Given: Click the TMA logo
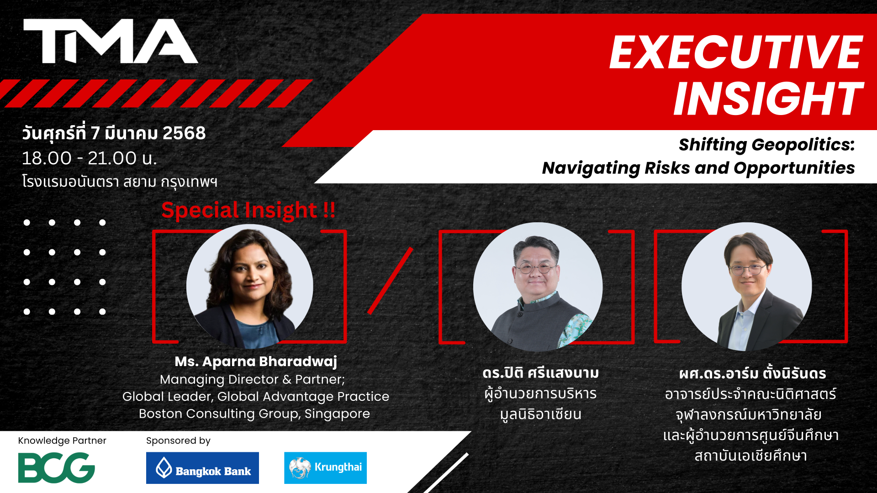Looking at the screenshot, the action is point(111,41).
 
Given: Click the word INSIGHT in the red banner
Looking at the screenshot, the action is point(768,99).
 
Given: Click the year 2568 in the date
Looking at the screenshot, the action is point(184,133).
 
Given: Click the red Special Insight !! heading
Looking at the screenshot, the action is point(248,210).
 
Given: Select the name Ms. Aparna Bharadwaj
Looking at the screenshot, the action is point(256,362).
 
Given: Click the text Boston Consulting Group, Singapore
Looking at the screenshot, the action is point(254,414).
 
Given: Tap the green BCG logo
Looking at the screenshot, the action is point(57,467).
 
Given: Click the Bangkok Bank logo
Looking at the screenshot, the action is point(202,468).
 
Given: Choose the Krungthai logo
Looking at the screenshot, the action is point(325,468).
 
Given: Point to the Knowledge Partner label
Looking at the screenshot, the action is point(62,441).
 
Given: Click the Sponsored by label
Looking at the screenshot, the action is point(178,441).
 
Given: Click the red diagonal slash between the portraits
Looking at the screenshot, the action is point(390,281).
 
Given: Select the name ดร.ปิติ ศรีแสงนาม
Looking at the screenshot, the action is point(541,373).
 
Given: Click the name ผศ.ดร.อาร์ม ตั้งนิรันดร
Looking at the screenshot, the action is point(752,373).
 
